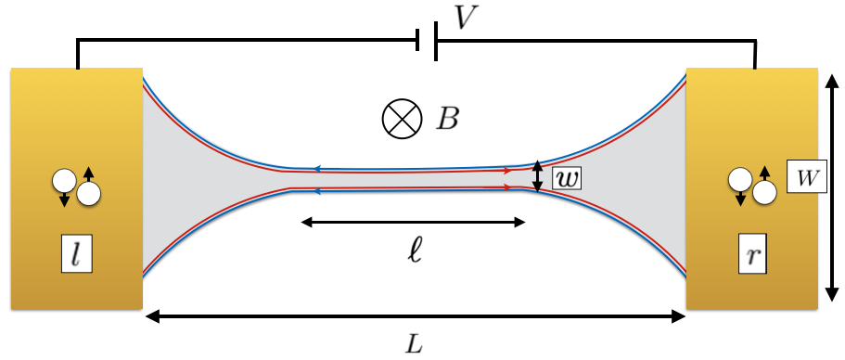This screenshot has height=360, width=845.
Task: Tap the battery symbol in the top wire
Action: tap(428, 41)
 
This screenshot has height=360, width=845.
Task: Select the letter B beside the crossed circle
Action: tap(449, 119)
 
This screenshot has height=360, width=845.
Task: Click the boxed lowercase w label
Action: tap(565, 177)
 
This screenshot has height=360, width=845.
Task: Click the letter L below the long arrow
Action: tap(414, 343)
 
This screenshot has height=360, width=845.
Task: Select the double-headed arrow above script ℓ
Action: tap(414, 222)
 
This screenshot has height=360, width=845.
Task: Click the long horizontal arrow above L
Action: tap(415, 317)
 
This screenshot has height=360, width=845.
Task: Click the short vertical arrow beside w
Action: tap(537, 176)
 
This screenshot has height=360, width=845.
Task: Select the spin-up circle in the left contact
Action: tap(88, 193)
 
